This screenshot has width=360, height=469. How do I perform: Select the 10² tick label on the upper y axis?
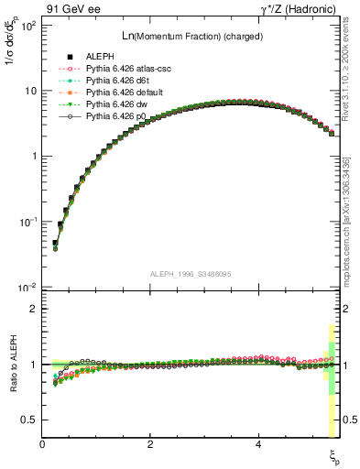(x=27, y=25)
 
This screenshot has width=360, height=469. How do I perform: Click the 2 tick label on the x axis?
(x=150, y=444)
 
